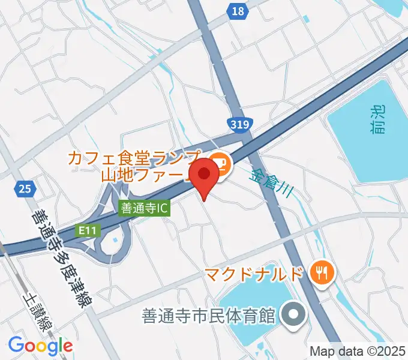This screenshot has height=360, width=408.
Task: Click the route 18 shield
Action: click(x=238, y=11)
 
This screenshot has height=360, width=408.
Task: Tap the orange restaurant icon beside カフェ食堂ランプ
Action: click(x=220, y=163)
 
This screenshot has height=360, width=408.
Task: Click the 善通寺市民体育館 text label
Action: click(x=208, y=314)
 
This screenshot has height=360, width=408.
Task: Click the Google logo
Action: click(x=40, y=345)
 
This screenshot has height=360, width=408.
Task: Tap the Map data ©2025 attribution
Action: click(x=358, y=351)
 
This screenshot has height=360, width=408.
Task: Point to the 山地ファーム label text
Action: click(x=144, y=176)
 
